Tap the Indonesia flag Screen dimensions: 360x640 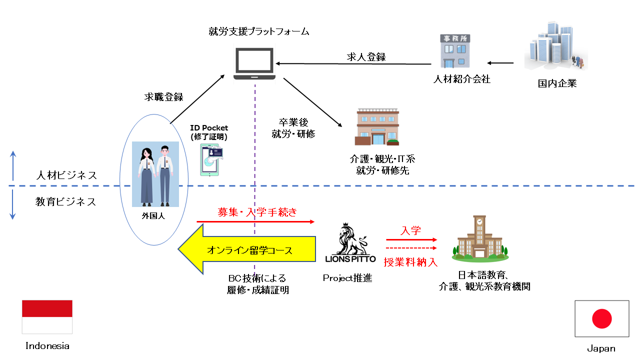click(47, 316)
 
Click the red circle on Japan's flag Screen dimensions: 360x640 click(602, 318)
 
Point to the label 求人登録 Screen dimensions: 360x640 click(366, 57)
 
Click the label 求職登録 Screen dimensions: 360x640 click(163, 97)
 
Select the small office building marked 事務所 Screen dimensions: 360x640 click(454, 51)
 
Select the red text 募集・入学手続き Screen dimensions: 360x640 click(257, 212)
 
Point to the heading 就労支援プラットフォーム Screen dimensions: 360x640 click(259, 32)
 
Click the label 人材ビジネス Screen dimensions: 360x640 click(66, 175)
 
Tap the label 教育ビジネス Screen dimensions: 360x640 click(66, 202)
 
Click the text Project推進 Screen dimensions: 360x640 click(347, 278)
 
